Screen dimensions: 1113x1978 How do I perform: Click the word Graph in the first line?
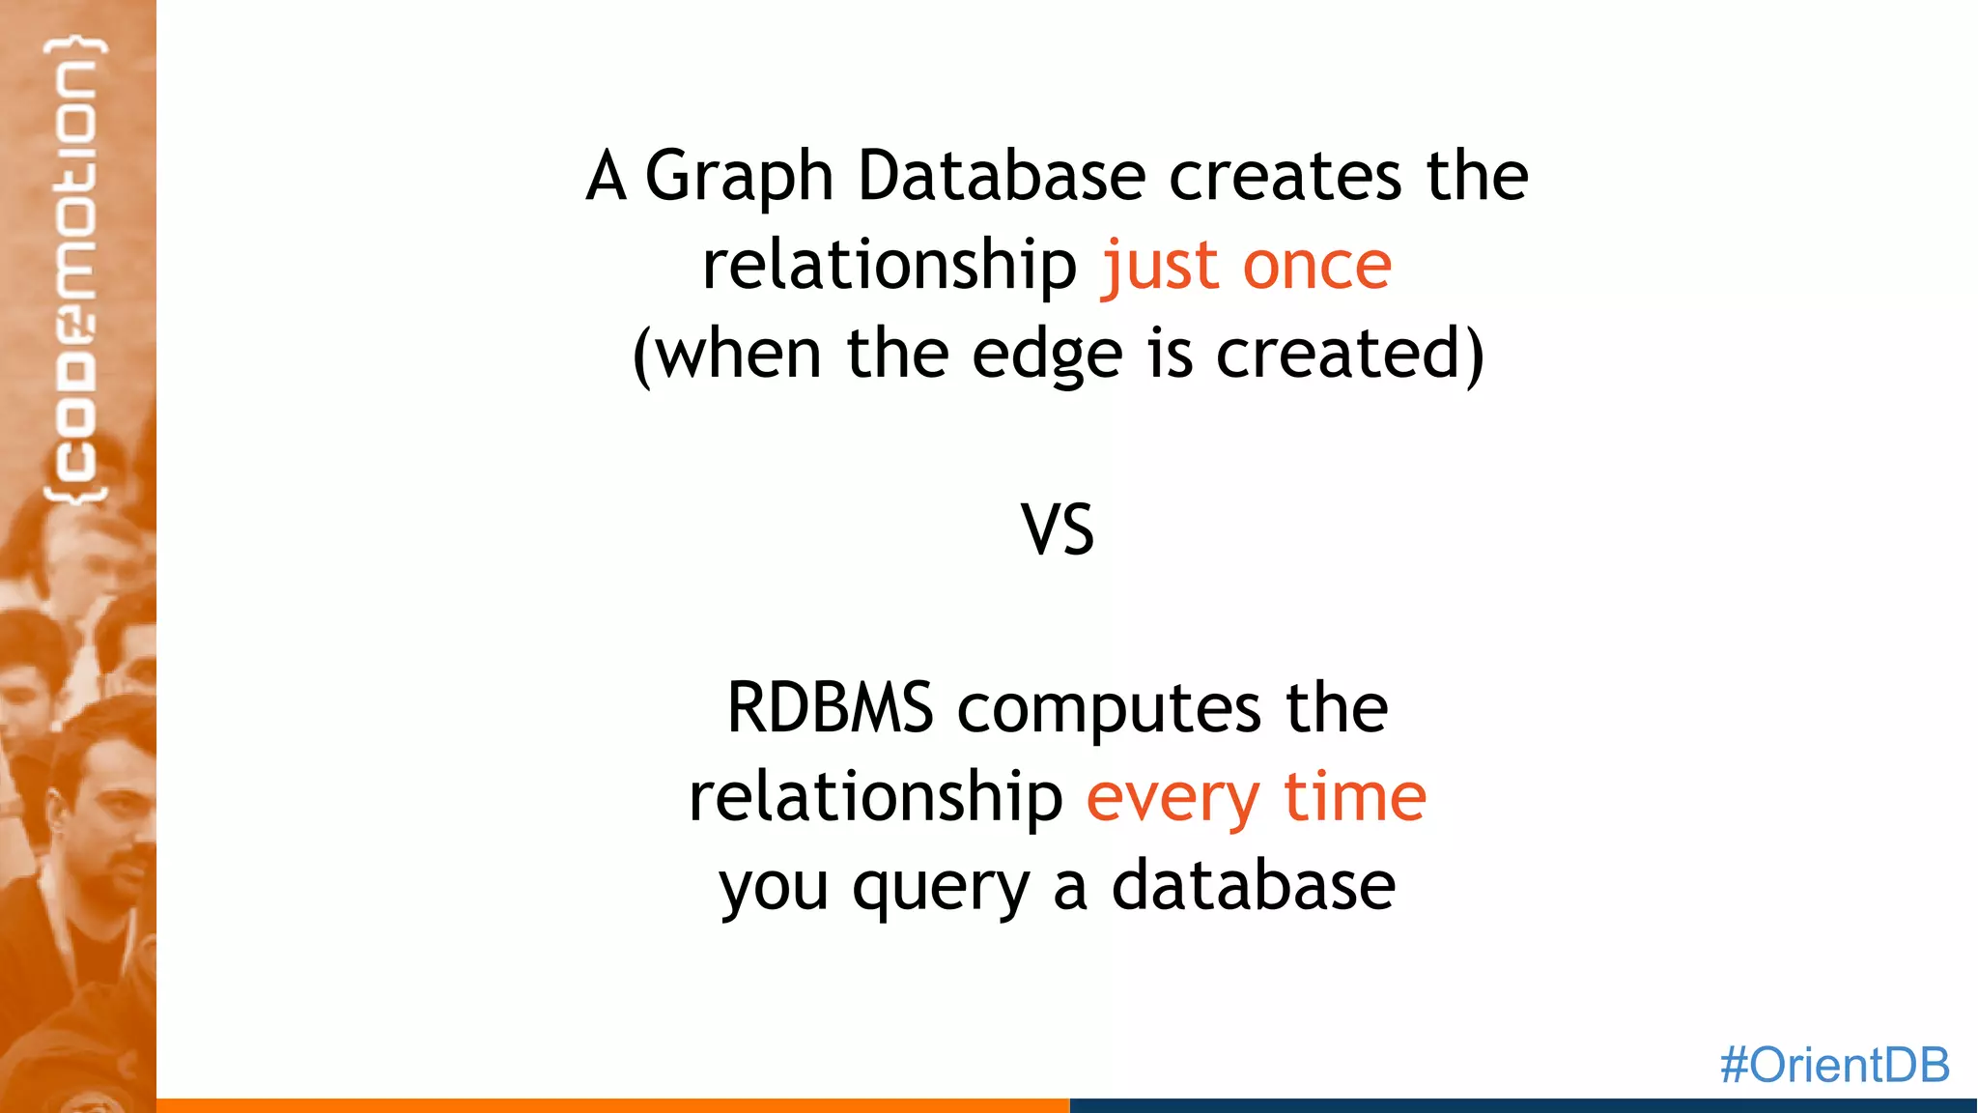click(x=739, y=177)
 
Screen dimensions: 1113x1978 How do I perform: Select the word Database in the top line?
click(x=1002, y=177)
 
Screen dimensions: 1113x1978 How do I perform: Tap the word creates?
click(x=1285, y=177)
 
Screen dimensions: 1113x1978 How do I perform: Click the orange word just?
click(x=1160, y=266)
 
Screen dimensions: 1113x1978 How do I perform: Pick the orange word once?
click(x=1316, y=266)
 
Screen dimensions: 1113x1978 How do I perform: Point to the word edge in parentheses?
click(x=1047, y=355)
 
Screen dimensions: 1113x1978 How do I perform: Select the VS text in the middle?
click(x=1058, y=530)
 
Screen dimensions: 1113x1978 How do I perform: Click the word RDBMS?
click(x=830, y=708)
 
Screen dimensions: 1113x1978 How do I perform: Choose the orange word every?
click(x=1173, y=799)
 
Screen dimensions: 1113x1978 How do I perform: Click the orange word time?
click(x=1354, y=797)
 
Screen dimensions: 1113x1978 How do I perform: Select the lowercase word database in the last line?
click(x=1253, y=886)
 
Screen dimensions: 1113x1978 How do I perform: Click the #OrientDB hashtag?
click(x=1834, y=1065)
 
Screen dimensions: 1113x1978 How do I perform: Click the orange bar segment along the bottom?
click(x=612, y=1105)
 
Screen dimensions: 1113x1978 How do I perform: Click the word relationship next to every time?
click(x=875, y=799)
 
